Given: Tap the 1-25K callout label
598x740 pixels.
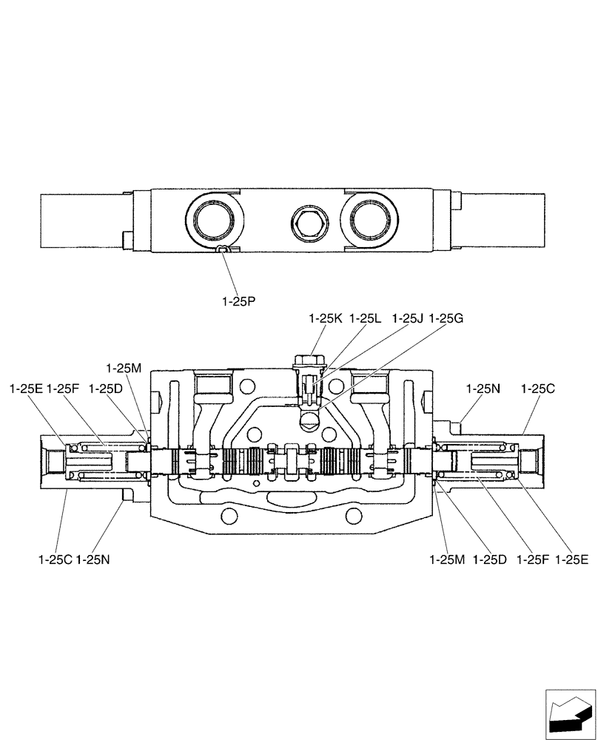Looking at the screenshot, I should [x=326, y=318].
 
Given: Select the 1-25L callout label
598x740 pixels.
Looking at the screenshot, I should [x=365, y=318].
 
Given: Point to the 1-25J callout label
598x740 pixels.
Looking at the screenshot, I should [x=408, y=318].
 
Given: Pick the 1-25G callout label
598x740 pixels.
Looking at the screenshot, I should [x=446, y=318].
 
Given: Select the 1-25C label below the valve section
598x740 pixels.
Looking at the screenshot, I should [x=55, y=560].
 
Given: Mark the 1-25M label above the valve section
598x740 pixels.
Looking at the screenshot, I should [x=123, y=368].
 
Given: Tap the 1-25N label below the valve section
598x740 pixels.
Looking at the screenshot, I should [x=93, y=560].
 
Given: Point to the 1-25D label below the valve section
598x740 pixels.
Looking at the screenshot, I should [x=488, y=560].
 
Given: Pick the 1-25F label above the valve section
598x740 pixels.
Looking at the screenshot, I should [x=64, y=388].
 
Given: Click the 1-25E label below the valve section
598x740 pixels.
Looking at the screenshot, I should [x=571, y=560].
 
